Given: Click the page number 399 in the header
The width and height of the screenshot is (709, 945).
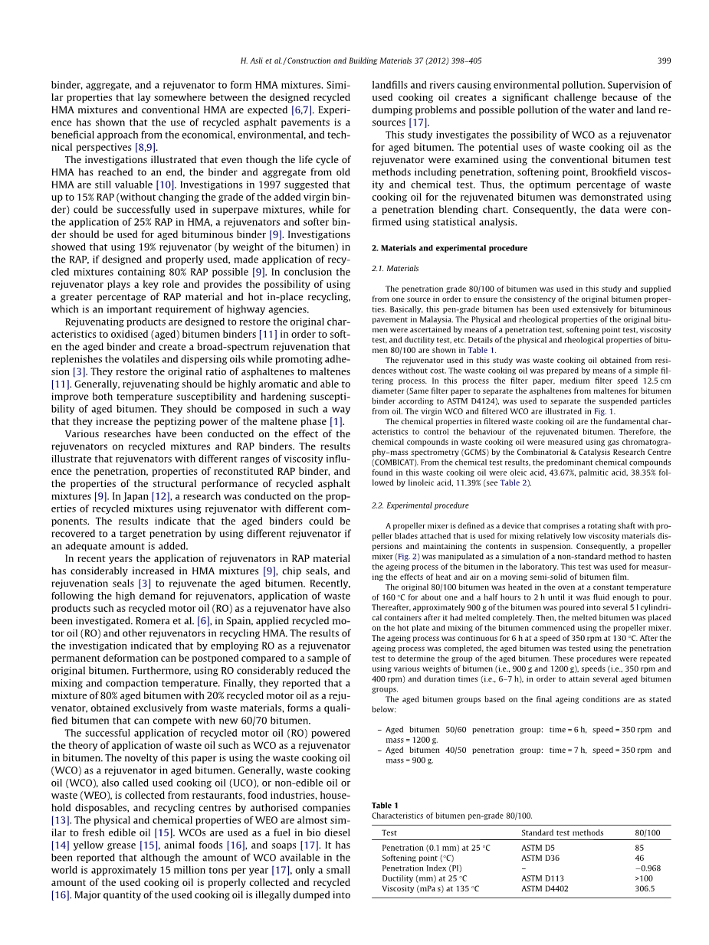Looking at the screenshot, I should pos(665,61).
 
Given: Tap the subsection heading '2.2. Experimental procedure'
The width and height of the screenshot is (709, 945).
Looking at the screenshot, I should pos(420,505).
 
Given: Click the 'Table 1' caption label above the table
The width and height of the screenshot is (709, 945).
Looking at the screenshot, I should pos(385,805).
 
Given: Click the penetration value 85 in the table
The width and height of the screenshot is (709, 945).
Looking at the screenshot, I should pos(639,848).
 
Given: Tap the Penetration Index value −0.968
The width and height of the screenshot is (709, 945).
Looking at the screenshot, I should pos(648,868).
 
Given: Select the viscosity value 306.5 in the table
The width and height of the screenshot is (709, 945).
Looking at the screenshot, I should pos(645,889).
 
